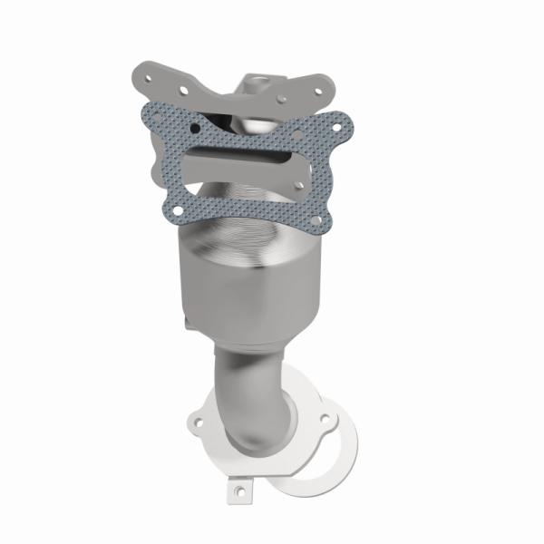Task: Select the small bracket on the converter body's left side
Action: coord(187,318)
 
